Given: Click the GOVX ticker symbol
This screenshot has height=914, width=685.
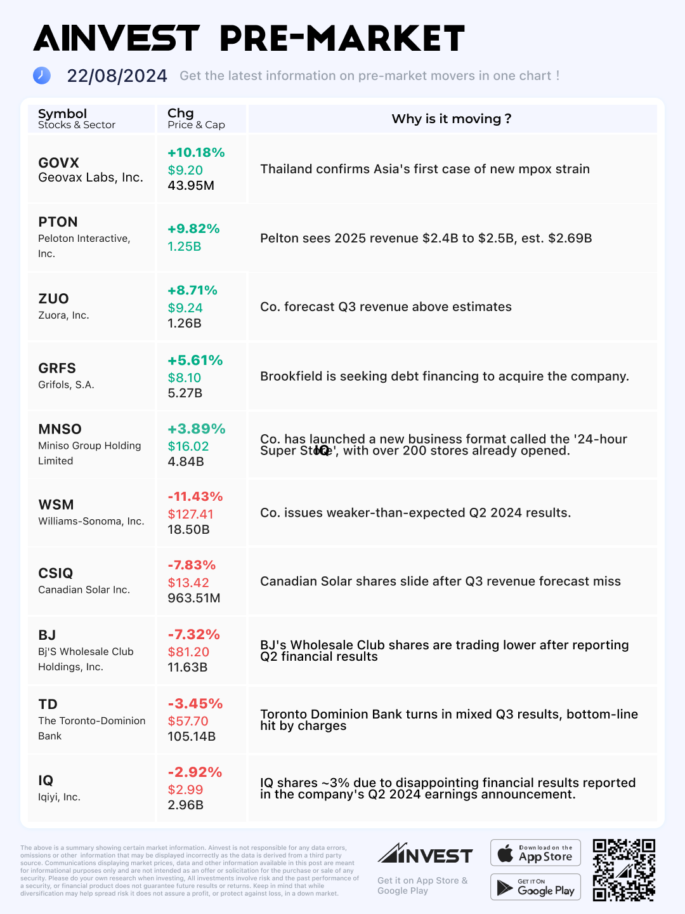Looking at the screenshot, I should (x=58, y=162).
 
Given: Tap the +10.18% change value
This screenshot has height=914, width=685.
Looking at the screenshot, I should (x=196, y=152).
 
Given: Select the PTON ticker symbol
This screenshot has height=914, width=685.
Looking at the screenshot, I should (x=58, y=222).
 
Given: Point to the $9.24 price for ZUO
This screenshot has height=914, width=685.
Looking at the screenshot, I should (x=185, y=308).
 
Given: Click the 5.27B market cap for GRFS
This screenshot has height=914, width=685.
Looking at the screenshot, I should (x=185, y=393).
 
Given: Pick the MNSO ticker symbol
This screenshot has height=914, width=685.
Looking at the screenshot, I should (x=60, y=429).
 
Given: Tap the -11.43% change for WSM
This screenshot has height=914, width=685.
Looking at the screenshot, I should (x=195, y=496).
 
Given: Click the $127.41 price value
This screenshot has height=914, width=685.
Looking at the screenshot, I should (x=190, y=514).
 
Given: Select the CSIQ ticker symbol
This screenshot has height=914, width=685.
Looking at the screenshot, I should (x=55, y=573).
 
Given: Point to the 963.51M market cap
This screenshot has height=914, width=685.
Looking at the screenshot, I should (x=194, y=598).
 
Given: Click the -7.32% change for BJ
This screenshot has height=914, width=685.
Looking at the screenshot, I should (x=193, y=634).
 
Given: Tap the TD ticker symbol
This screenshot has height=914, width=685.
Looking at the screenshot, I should (x=48, y=704).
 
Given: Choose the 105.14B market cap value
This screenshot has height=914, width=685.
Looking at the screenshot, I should (x=192, y=736).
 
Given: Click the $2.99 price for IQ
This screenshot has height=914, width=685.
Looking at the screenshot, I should (x=185, y=790).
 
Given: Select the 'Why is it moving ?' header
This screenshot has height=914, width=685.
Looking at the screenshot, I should (x=452, y=119).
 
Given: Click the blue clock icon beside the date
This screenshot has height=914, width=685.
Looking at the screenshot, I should (x=42, y=76).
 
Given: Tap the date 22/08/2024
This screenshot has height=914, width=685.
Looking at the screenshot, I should (x=117, y=76).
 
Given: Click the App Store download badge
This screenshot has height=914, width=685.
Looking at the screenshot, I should (x=535, y=852).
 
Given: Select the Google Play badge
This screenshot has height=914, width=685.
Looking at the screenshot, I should (x=535, y=887).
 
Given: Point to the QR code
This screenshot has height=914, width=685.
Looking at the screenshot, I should (x=623, y=870).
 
